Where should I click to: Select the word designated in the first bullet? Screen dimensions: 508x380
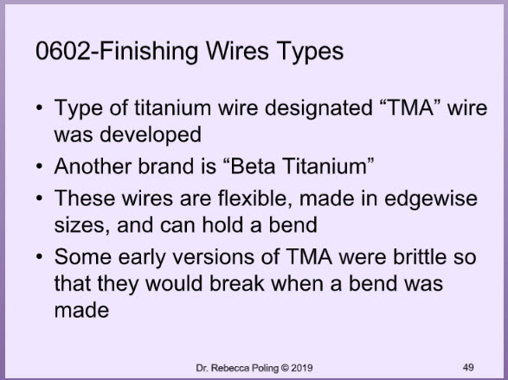point(318,108)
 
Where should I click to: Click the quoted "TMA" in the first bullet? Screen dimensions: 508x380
point(410,107)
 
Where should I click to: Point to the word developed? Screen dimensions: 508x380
point(151,135)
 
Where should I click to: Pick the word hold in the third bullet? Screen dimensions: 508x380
point(222,224)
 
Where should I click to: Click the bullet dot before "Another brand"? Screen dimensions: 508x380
point(40,167)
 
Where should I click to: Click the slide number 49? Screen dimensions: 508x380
point(468,367)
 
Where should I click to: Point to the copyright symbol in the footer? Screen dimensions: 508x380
point(285,368)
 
